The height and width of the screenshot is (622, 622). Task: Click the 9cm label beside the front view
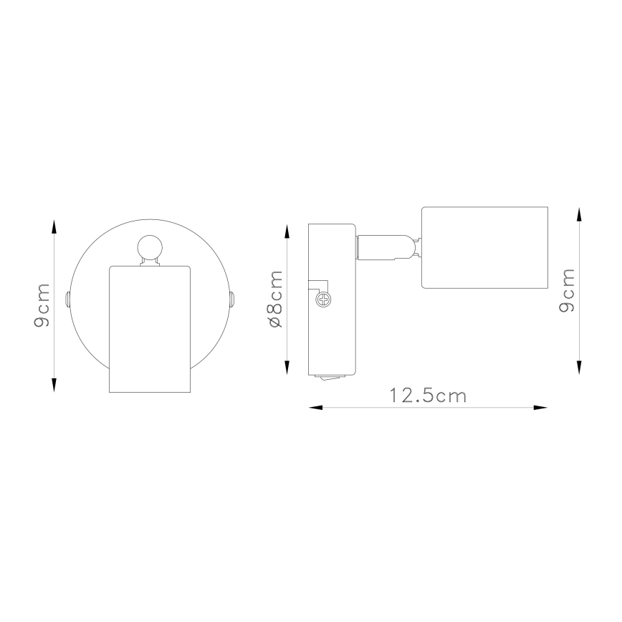click(42, 305)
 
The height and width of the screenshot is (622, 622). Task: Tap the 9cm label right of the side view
click(568, 290)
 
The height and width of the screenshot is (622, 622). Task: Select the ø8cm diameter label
click(275, 300)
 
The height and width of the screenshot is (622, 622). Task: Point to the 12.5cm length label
click(428, 396)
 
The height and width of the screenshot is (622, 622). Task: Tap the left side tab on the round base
click(67, 298)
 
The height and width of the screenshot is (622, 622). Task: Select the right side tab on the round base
click(232, 299)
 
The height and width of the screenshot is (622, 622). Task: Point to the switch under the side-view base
click(330, 377)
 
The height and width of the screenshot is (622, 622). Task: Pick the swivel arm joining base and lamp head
click(385, 248)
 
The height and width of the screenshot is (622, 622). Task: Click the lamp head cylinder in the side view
click(484, 249)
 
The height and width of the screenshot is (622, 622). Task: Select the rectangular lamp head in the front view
click(150, 329)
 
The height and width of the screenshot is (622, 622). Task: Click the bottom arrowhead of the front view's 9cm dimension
click(54, 386)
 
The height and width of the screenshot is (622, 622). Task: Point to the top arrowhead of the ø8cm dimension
click(287, 231)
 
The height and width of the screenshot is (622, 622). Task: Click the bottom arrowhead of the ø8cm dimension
click(287, 368)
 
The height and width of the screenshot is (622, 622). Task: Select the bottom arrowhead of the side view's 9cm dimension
click(580, 368)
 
